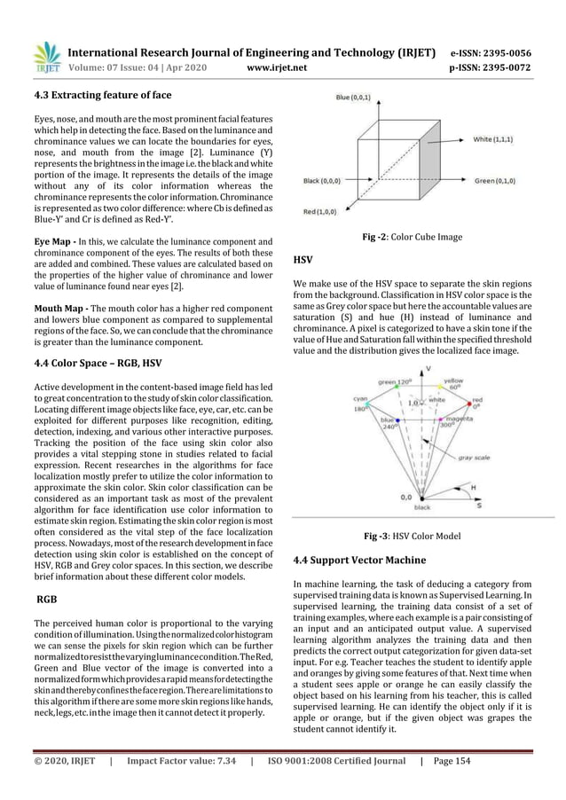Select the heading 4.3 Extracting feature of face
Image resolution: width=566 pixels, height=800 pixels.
click(101, 95)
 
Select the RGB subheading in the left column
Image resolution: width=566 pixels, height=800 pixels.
click(46, 600)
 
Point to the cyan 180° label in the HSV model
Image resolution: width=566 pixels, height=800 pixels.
click(335, 404)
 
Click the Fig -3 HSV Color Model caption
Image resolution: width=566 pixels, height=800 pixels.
click(424, 536)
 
